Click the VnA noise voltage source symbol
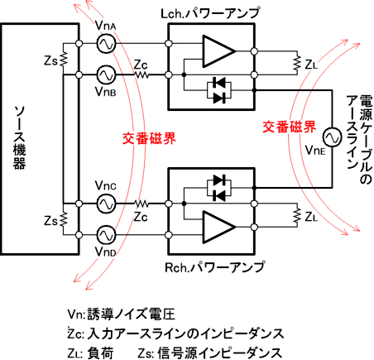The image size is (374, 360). (x=106, y=44)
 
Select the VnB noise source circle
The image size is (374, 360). (x=106, y=74)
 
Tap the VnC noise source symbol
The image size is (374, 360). (x=106, y=204)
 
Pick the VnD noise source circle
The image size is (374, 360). (x=106, y=235)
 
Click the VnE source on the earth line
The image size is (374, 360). (x=332, y=137)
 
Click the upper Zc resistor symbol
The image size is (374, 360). (x=141, y=74)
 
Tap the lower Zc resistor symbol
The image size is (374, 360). (x=141, y=204)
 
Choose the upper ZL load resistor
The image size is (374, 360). (x=297, y=63)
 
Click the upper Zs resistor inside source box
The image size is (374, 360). (x=63, y=60)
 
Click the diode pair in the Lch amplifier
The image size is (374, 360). (x=219, y=90)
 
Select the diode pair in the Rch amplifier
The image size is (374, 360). (x=219, y=188)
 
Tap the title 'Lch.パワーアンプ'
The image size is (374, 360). (x=210, y=13)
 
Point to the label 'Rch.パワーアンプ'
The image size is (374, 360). (x=214, y=267)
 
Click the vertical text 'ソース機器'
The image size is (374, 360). (x=19, y=137)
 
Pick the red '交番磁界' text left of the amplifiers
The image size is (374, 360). (x=149, y=138)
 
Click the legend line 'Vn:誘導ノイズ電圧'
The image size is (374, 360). (x=122, y=314)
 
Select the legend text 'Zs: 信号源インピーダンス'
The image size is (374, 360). (x=210, y=353)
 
